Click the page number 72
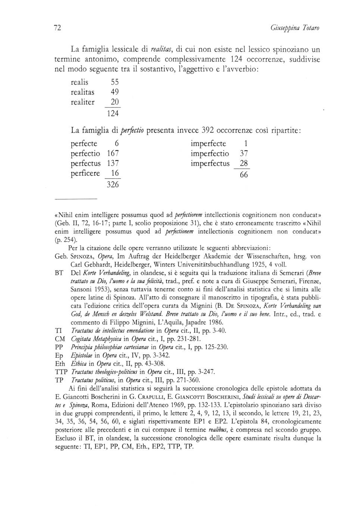pyautogui.click(x=57, y=28)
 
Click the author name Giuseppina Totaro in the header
pyautogui.click(x=295, y=28)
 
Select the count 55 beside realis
pyautogui.click(x=115, y=82)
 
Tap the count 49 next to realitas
pyautogui.click(x=115, y=92)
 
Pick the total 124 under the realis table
pyautogui.click(x=113, y=113)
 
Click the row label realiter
pyautogui.click(x=82, y=102)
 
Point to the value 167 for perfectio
pyautogui.click(x=113, y=153)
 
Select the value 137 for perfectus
pyautogui.click(x=113, y=163)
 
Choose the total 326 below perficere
pyautogui.click(x=113, y=184)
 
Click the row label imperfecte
pyautogui.click(x=208, y=144)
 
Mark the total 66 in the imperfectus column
pyautogui.click(x=244, y=175)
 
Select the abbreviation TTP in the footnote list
pyautogui.click(x=61, y=372)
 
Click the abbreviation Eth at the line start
pyautogui.click(x=60, y=364)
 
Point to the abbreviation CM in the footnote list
pyautogui.click(x=60, y=339)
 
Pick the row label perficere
pyautogui.click(x=85, y=174)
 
